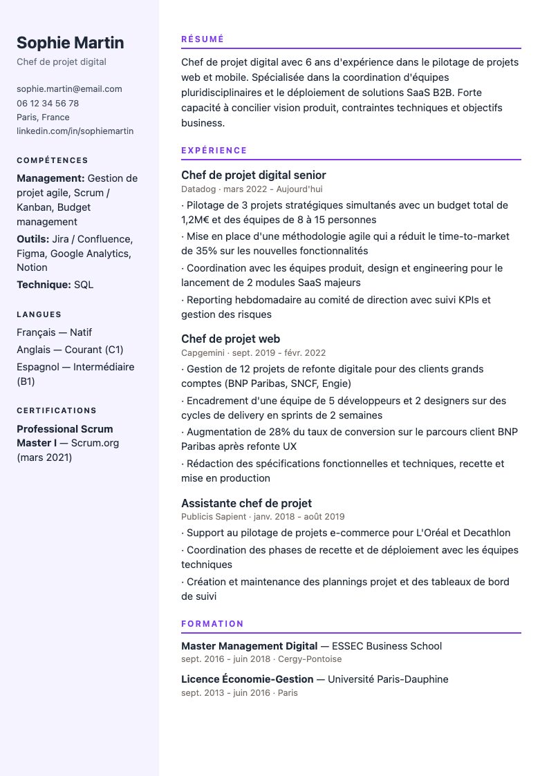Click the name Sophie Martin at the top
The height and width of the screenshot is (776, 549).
pyautogui.click(x=70, y=43)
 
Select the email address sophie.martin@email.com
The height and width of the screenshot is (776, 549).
pyautogui.click(x=69, y=88)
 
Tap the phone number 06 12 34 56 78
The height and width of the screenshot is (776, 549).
pyautogui.click(x=48, y=103)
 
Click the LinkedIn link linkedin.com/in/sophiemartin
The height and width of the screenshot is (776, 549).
pyautogui.click(x=75, y=131)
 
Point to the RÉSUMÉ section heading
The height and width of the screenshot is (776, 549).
pyautogui.click(x=203, y=39)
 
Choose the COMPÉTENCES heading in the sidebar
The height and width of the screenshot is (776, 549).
pyautogui.click(x=53, y=160)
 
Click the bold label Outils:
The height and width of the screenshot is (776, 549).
pyautogui.click(x=32, y=239)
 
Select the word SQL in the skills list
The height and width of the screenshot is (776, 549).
pyautogui.click(x=84, y=285)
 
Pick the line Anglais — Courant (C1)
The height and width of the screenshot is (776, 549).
pyautogui.click(x=70, y=350)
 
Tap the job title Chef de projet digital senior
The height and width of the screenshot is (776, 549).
pyautogui.click(x=253, y=175)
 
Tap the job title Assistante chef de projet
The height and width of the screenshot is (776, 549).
pyautogui.click(x=246, y=503)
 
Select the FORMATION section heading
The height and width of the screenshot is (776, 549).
pyautogui.click(x=212, y=624)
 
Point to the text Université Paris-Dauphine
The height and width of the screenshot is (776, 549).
pyautogui.click(x=388, y=679)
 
